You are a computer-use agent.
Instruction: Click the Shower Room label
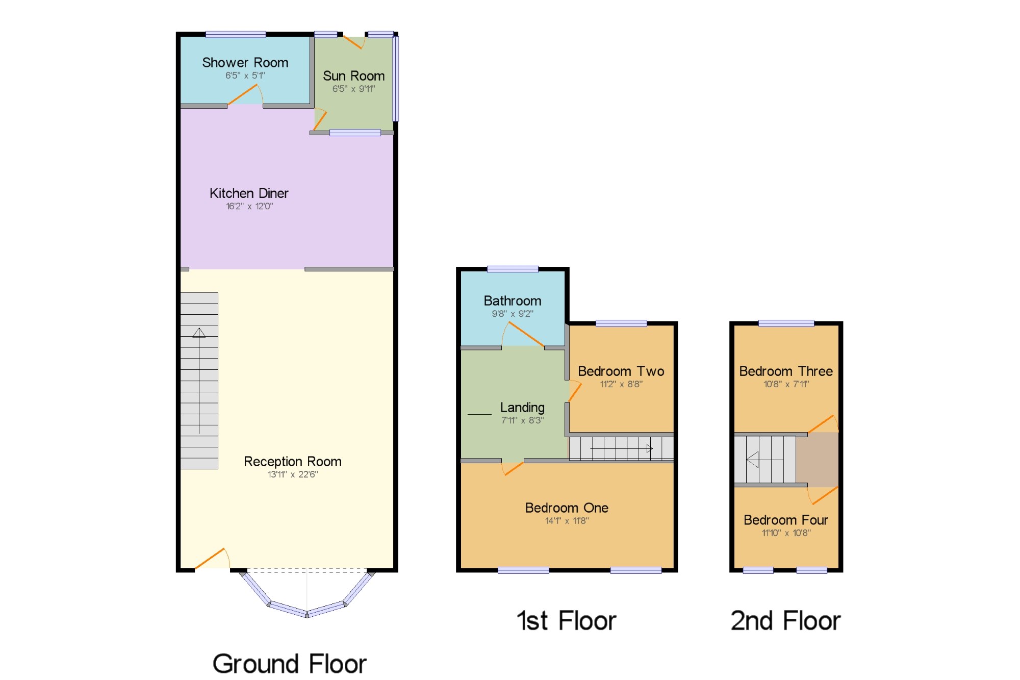tap(245, 63)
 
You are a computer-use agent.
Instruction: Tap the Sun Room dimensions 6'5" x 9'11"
tap(354, 89)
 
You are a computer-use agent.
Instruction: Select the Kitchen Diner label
tap(249, 193)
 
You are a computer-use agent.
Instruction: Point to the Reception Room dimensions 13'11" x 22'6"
tap(293, 474)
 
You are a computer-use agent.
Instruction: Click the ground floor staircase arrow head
tap(199, 333)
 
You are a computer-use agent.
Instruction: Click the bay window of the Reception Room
tap(307, 595)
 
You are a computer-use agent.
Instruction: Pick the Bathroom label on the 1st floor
tap(513, 301)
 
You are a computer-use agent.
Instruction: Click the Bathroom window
tap(513, 269)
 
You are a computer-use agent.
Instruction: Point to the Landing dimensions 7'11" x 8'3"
tap(523, 420)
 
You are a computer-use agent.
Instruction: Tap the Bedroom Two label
tap(621, 371)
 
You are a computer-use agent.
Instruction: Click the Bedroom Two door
tap(575, 391)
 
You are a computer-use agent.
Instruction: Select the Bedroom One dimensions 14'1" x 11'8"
tap(567, 521)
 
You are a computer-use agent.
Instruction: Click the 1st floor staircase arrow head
tap(650, 449)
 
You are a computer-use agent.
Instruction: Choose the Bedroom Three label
tap(786, 371)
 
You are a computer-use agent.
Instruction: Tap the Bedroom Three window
tap(786, 323)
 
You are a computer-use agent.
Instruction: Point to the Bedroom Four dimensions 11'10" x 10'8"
tap(786, 533)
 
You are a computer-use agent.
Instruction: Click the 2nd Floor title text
tap(785, 621)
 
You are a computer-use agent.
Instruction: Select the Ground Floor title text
tap(290, 664)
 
